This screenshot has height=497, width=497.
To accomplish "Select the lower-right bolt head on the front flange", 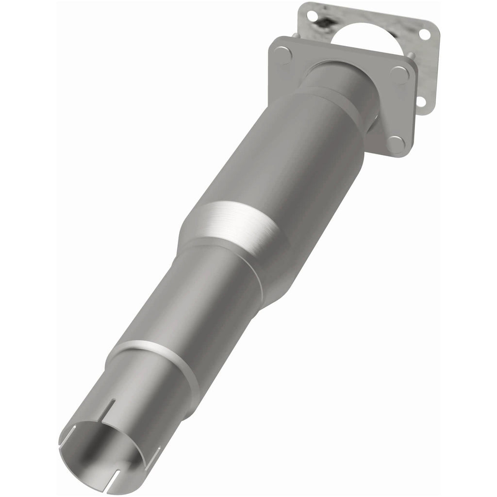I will click(x=396, y=144).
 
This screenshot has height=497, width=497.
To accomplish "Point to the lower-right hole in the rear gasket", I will click(x=421, y=101).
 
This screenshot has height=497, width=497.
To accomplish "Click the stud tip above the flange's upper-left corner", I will click(x=295, y=35).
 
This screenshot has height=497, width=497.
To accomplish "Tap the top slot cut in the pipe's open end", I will click(x=113, y=409).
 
